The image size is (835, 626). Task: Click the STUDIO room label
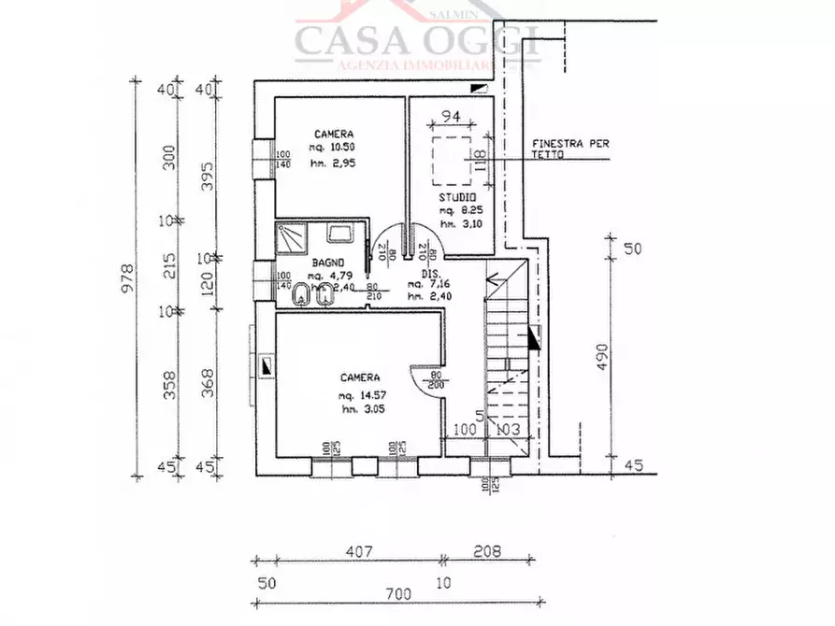[458, 199]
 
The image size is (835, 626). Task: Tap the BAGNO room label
[328, 263]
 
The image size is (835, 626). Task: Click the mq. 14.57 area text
[360, 396]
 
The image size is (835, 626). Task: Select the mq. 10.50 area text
[334, 148]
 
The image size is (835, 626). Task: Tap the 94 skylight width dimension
[452, 117]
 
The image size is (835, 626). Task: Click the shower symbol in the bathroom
[290, 237]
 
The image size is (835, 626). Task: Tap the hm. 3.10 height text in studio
[458, 224]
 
